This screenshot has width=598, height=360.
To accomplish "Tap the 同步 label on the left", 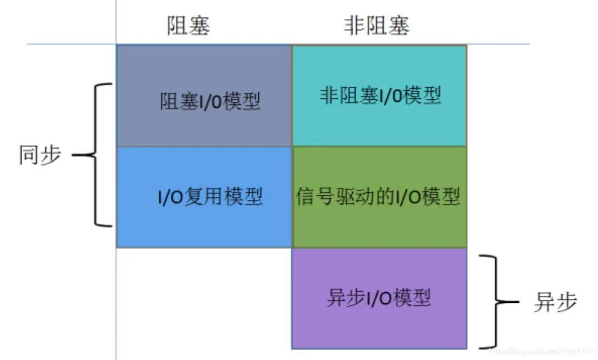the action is [40, 155].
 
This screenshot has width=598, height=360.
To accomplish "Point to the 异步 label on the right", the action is [555, 302].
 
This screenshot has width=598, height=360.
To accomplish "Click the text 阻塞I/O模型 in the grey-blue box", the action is [210, 102].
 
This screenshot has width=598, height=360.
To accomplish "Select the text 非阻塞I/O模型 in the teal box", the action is [380, 96].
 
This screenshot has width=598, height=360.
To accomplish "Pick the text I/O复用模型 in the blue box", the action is [210, 197].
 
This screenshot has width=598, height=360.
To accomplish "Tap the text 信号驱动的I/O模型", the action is [378, 197].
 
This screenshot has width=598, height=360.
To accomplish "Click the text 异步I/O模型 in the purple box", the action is [378, 298].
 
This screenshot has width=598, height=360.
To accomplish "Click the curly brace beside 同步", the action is [96, 155].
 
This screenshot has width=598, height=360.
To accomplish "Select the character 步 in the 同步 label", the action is [50, 155].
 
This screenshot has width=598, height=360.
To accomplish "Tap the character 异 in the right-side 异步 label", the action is [544, 302].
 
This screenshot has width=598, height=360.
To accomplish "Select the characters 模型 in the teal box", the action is [422, 96].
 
